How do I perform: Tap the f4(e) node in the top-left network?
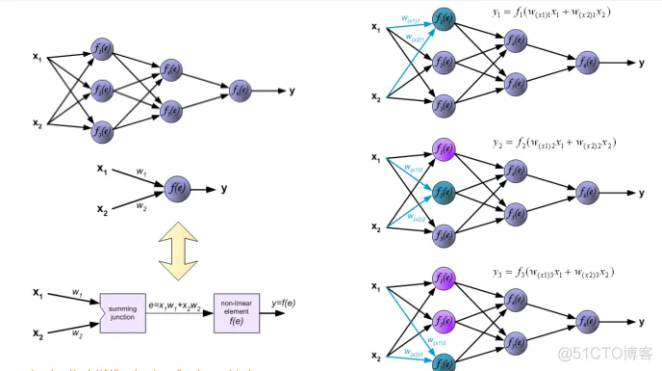171,70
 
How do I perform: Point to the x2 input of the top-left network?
37,123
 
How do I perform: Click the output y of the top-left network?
292,92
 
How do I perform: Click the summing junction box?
122,314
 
